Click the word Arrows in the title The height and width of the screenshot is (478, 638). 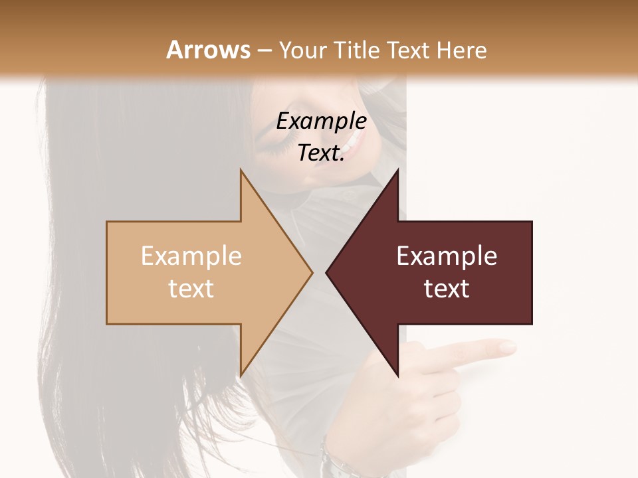click(208, 50)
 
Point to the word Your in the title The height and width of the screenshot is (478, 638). click(301, 50)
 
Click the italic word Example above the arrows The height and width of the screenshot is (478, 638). click(321, 121)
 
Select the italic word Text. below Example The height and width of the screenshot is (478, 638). click(321, 153)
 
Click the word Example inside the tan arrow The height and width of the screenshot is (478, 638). click(191, 256)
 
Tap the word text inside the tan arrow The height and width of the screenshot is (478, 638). click(191, 289)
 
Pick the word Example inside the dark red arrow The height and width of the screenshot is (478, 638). click(447, 256)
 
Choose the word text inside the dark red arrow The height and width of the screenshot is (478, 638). click(447, 289)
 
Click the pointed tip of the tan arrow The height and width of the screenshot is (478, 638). click(312, 272)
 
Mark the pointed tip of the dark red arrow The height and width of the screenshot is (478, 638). click(327, 272)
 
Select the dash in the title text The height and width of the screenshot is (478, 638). click(264, 50)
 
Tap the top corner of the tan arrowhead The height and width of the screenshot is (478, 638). click(241, 171)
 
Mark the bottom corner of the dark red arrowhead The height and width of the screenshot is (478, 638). click(398, 375)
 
